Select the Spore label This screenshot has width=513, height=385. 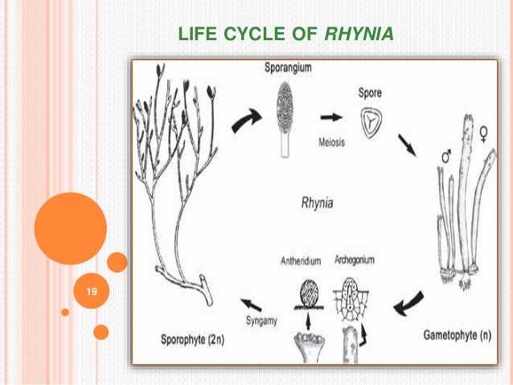pos(370,92)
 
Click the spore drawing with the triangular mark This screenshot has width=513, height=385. pos(370,121)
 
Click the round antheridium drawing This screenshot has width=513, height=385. pos(306,291)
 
